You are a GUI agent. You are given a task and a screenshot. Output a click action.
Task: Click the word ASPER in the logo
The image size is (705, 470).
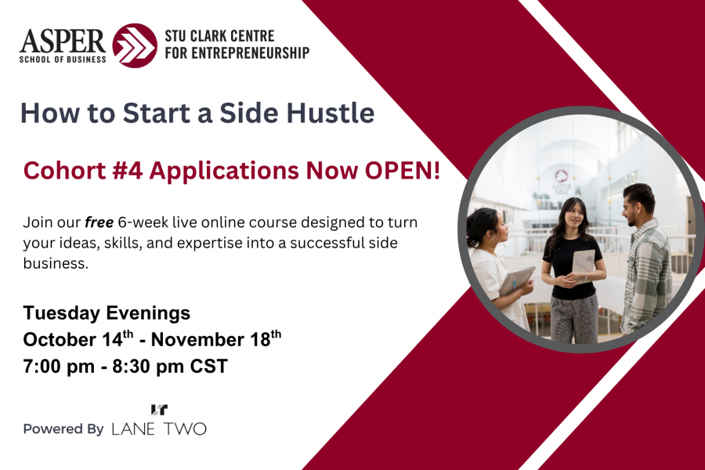click(63, 42)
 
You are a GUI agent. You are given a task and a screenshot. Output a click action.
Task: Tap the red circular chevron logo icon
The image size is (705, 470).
click(135, 45)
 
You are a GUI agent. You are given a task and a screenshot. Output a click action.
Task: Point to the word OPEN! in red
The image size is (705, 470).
click(403, 171)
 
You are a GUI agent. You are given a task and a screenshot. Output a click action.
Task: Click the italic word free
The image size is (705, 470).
click(99, 222)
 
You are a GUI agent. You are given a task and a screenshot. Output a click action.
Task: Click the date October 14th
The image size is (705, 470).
click(78, 339)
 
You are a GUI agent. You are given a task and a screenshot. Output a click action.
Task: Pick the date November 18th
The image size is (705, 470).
click(216, 339)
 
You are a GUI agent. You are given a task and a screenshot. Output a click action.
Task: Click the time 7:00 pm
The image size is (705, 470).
click(59, 366)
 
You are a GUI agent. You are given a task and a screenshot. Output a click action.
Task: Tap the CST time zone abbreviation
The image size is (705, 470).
click(209, 366)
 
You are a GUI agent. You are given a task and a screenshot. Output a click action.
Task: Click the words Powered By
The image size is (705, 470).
click(63, 429)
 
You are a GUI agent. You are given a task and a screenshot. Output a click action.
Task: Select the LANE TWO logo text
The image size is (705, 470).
click(159, 429)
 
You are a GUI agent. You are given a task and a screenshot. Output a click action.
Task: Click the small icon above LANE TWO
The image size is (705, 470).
click(159, 409)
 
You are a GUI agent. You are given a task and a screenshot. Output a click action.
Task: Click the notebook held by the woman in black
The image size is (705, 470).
click(583, 266)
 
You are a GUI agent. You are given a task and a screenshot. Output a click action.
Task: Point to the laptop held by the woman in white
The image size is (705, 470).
click(517, 280)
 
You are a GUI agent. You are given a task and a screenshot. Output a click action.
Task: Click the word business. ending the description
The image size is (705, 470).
click(56, 263)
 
